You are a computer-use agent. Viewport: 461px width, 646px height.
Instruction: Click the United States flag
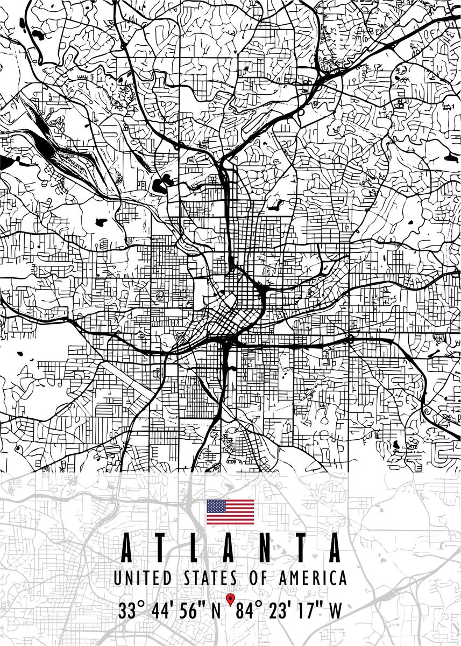(x=230, y=512)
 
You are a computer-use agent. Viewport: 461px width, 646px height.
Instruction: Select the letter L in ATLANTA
(x=195, y=548)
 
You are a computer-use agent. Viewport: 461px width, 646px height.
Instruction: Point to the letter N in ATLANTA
(x=266, y=548)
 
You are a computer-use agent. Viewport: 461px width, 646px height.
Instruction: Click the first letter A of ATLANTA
(x=126, y=548)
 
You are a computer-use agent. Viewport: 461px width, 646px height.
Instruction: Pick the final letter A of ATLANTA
(x=335, y=548)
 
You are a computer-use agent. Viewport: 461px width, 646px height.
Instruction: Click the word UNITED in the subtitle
(x=143, y=579)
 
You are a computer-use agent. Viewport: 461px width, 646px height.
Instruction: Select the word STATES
(x=210, y=579)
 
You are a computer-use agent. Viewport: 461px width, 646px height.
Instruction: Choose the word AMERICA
(x=312, y=579)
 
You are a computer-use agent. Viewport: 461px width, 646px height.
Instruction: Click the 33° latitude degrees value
(x=132, y=611)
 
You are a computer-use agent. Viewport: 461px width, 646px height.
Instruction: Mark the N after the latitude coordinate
(x=217, y=611)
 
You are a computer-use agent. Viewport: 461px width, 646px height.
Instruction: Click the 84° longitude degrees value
(x=248, y=611)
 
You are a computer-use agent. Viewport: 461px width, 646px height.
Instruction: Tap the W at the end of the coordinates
(x=335, y=611)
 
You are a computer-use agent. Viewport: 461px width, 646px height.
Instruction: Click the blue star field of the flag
(x=216, y=506)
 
